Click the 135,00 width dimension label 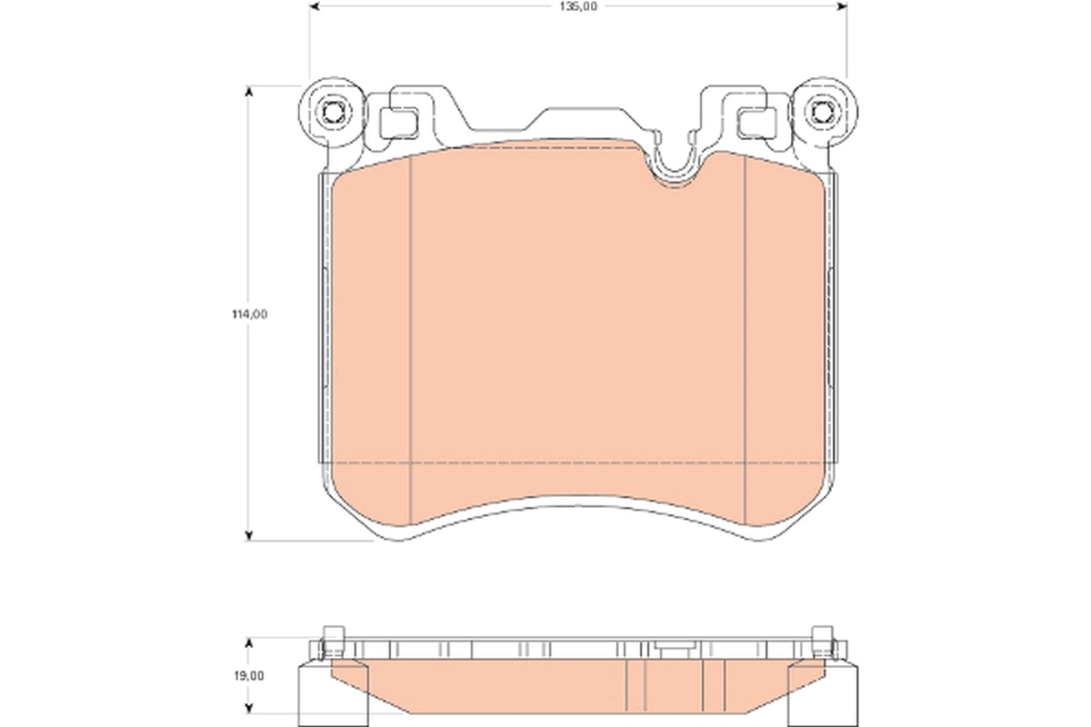click(x=577, y=6)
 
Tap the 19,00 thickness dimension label click(x=248, y=675)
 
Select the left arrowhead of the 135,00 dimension click(x=315, y=6)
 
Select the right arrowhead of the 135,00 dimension click(x=841, y=6)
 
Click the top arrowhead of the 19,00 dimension click(x=248, y=642)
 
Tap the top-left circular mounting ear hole click(x=334, y=113)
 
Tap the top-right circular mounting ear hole click(x=823, y=113)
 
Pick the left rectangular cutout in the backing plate click(x=396, y=119)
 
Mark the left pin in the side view click(x=333, y=640)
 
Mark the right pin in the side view click(x=823, y=640)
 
